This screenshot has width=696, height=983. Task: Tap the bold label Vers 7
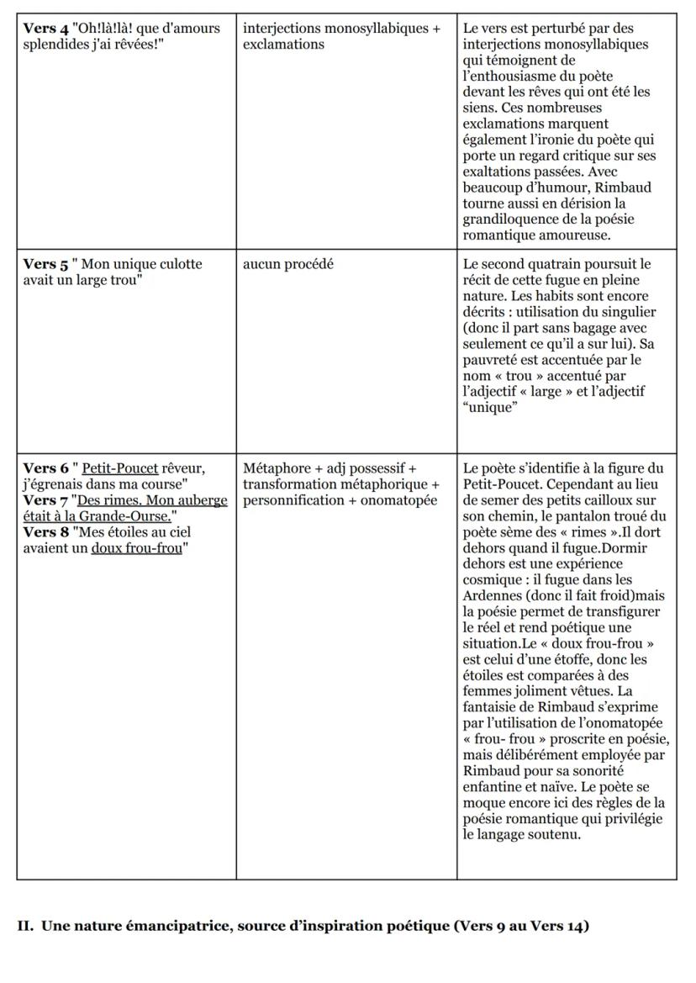[x=40, y=500]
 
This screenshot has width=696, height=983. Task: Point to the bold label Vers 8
[x=40, y=532]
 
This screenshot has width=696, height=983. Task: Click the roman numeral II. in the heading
[x=25, y=927]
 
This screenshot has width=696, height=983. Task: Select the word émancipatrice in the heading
[x=136, y=927]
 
